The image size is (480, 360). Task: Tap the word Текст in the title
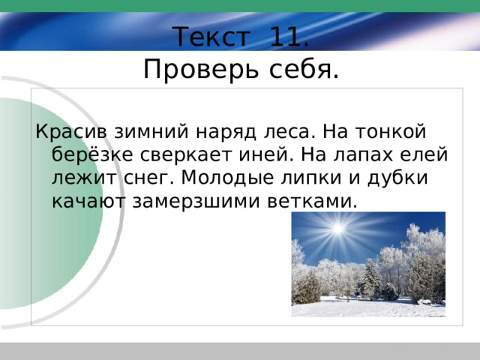point(211,37)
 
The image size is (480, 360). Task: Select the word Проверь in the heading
point(201,69)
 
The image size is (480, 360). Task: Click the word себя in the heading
point(304,69)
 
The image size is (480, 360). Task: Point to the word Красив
point(71,132)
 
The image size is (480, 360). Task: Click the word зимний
point(151,132)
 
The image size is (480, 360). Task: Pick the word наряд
point(226,133)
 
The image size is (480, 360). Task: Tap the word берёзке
point(92,154)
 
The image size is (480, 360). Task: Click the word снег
point(148,178)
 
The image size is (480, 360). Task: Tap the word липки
point(311,178)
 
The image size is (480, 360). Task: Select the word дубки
point(397,178)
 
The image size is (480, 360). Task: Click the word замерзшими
point(196,202)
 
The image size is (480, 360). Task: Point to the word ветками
point(312,202)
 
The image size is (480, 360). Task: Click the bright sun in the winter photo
point(338,229)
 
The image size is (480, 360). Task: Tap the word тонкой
point(391,132)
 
